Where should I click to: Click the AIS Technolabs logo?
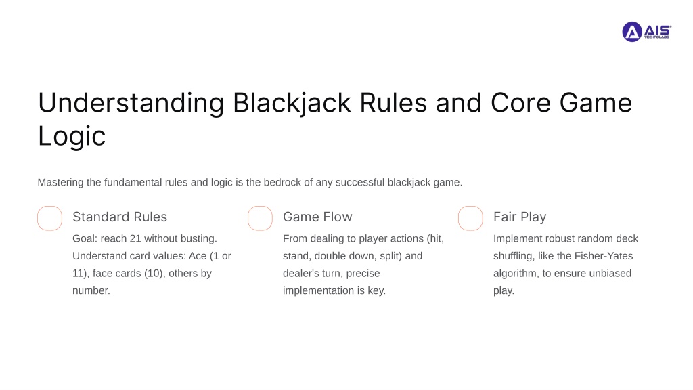click(x=646, y=31)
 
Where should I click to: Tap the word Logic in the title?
click(x=72, y=136)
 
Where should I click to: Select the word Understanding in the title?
click(x=131, y=103)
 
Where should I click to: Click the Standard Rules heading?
click(x=120, y=217)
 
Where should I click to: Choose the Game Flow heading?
click(x=317, y=217)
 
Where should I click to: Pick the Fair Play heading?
click(x=520, y=217)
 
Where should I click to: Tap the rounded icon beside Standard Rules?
click(x=49, y=218)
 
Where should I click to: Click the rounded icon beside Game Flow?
click(x=260, y=218)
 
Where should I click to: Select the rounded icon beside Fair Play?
click(x=470, y=218)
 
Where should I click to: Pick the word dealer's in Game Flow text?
click(x=302, y=274)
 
